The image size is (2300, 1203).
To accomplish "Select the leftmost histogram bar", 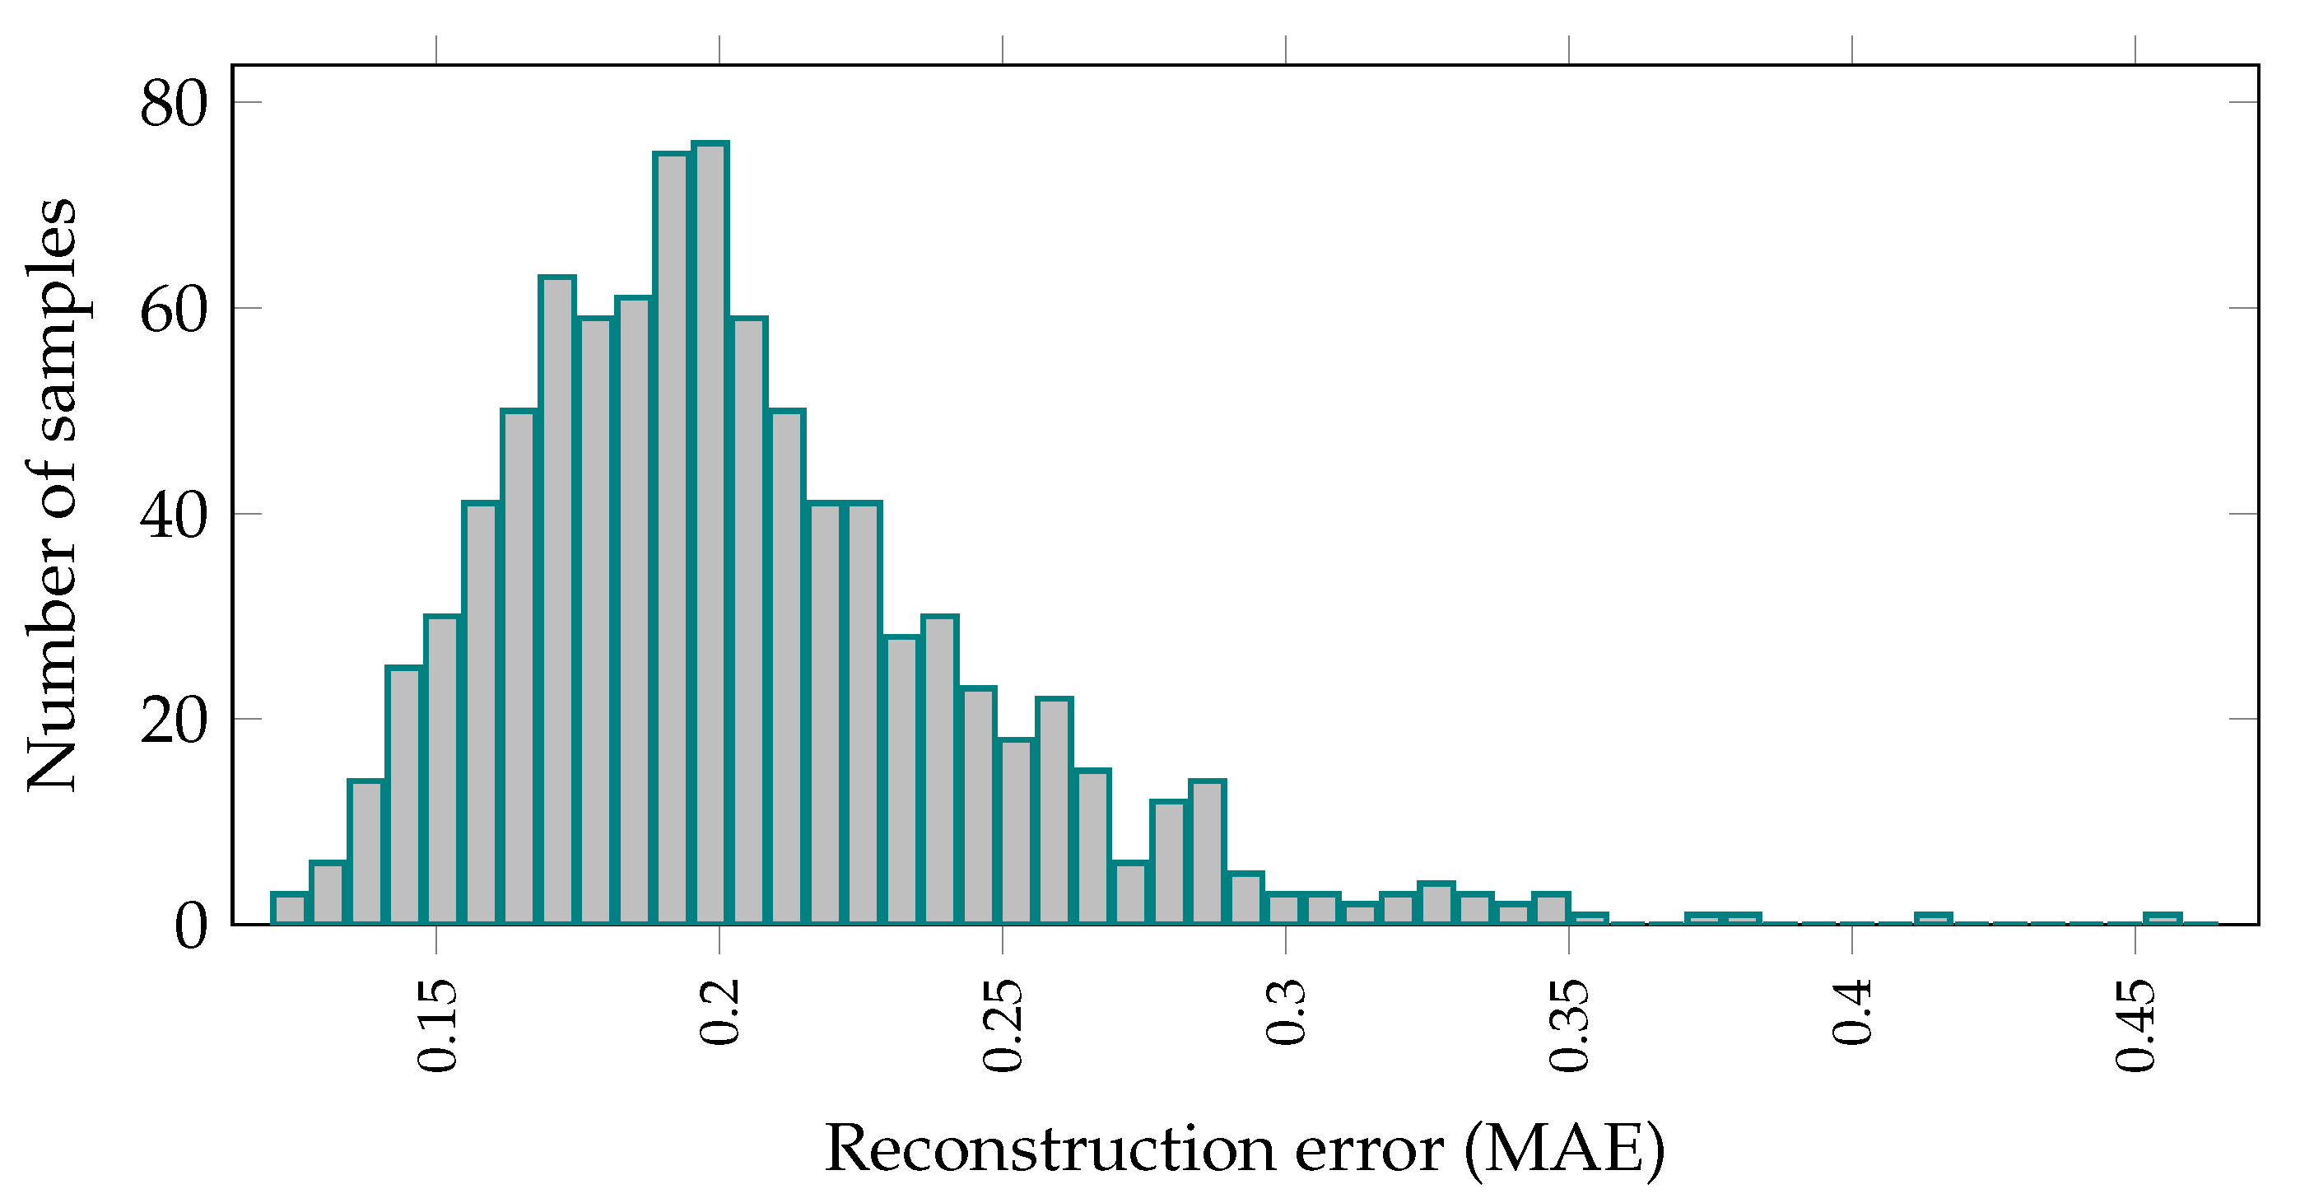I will (289, 908).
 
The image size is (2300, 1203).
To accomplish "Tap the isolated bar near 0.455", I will (2163, 919).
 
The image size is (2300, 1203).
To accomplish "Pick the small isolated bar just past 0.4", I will (1933, 919).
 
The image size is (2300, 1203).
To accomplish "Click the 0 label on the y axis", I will (191, 926).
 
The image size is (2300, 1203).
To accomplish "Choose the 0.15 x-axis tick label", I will (437, 1024).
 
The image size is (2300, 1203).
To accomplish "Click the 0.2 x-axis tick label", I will (719, 1011).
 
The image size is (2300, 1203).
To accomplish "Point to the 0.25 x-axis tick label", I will (1003, 1024).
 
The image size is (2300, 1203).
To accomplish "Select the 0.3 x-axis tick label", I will (1286, 1011).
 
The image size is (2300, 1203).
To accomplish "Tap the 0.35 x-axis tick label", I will (1569, 1024).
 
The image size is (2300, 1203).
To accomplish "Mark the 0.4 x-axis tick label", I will (1852, 1011).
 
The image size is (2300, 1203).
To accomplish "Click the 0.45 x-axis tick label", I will (2135, 1024).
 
